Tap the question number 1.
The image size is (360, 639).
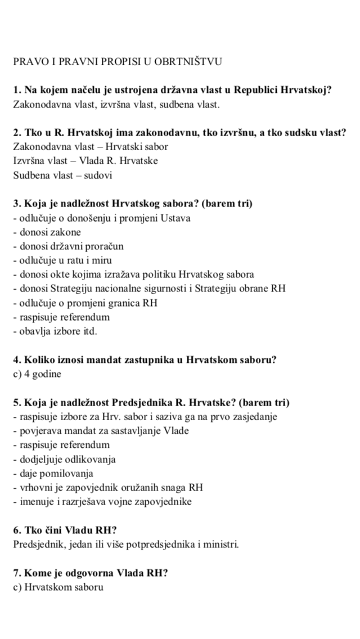pos(16,90)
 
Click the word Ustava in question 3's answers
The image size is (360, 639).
pos(177,218)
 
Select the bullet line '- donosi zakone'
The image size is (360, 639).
pos(47,232)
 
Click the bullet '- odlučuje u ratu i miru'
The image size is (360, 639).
pos(62,260)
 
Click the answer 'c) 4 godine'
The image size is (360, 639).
pos(37,373)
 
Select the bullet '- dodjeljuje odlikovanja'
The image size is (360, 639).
pos(64,459)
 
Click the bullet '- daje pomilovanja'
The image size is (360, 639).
pos(53,473)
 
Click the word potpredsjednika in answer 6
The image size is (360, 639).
pos(149,544)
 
